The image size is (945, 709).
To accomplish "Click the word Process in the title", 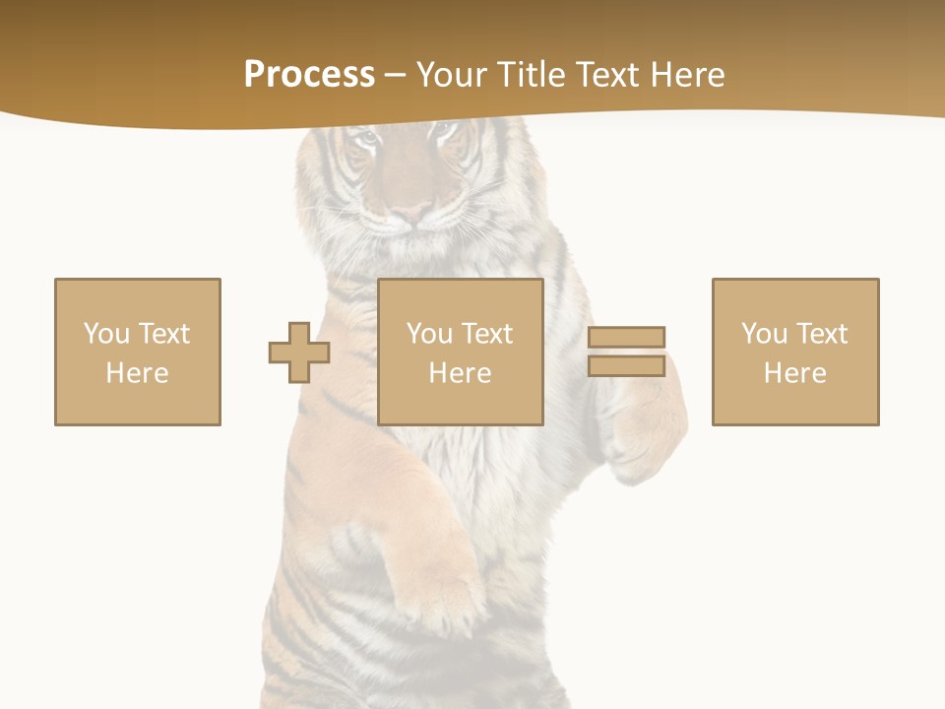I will tap(309, 75).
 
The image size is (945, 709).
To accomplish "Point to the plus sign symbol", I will tap(299, 353).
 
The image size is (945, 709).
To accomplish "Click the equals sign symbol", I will tap(626, 352).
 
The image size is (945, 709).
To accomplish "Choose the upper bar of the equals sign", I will tap(626, 338).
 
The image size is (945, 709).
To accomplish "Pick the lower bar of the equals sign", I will tap(626, 365).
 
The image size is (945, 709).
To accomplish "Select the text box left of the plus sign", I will tap(138, 352).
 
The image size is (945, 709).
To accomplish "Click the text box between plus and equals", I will tap(461, 352).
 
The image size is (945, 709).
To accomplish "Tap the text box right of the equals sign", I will tap(795, 352).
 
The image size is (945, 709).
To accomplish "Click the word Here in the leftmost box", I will tap(138, 373).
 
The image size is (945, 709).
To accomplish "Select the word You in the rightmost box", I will tap(765, 334).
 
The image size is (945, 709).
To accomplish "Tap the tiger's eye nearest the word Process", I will tap(366, 141).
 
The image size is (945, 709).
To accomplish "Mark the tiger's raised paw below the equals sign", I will tap(645, 433).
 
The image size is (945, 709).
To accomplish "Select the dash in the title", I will tap(395, 75).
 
